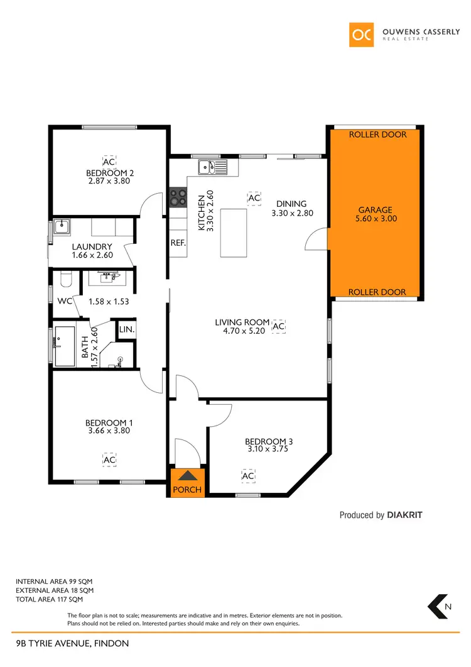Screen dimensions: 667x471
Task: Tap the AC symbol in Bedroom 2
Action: click(x=109, y=161)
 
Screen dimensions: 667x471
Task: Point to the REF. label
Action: click(x=178, y=242)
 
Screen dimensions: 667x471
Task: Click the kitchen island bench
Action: click(x=233, y=233)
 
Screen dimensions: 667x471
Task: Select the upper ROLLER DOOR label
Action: click(x=377, y=135)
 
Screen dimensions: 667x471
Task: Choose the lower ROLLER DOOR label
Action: click(x=377, y=292)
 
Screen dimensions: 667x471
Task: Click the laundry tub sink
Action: click(x=62, y=227)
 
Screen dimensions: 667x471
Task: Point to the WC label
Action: click(x=65, y=301)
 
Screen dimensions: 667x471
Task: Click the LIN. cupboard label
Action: click(x=126, y=329)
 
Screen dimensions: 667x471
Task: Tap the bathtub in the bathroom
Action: click(x=64, y=346)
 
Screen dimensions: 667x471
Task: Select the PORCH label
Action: click(x=187, y=489)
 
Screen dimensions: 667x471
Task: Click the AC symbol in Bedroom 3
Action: click(x=248, y=476)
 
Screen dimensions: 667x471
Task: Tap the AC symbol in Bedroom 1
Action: click(x=109, y=460)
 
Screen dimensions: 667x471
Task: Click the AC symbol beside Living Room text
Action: click(x=279, y=326)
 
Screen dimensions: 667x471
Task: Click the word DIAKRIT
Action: click(x=405, y=515)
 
